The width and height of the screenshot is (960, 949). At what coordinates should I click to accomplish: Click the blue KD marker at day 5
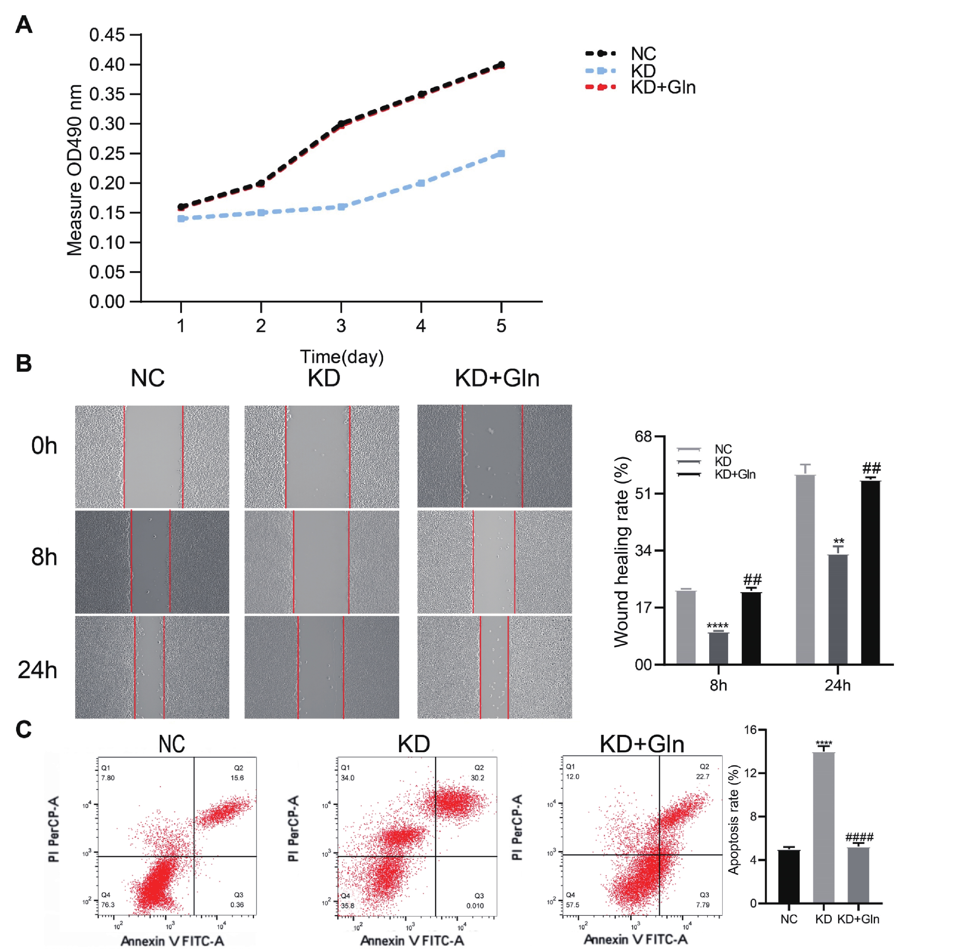click(501, 154)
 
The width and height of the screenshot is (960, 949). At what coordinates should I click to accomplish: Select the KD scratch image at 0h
click(322, 456)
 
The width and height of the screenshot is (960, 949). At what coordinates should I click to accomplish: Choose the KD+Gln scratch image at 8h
click(494, 562)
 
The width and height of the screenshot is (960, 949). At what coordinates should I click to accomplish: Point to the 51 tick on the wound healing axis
click(642, 494)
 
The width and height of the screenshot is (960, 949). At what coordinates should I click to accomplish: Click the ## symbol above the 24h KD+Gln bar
click(871, 468)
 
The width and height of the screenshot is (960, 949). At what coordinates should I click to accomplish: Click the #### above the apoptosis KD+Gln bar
click(859, 837)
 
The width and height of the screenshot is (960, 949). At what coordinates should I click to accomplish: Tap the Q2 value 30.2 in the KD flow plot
click(478, 778)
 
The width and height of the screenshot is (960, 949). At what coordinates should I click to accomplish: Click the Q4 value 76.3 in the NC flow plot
click(108, 905)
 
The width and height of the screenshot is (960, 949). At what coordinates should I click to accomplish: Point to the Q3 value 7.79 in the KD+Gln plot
click(702, 905)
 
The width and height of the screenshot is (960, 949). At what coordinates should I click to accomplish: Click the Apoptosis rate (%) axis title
click(734, 820)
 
